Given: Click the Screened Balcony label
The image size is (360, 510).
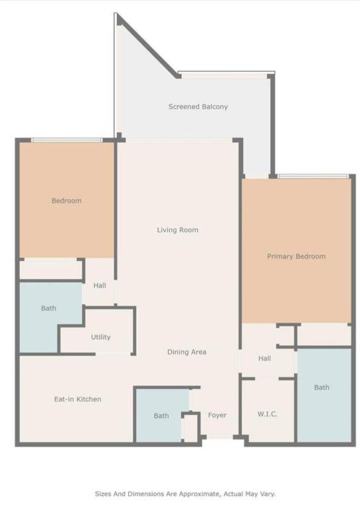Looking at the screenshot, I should click(198, 106).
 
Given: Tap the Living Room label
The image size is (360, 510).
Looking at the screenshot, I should click(177, 230).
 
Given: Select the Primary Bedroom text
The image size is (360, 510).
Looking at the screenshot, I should click(296, 256).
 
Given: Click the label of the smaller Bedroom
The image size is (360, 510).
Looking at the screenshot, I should click(66, 201).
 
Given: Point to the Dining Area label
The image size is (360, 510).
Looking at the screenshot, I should click(187, 352).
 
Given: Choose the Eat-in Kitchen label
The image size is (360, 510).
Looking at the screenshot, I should click(78, 399).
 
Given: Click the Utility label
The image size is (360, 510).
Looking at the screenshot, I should click(101, 337).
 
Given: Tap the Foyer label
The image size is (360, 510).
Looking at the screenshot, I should click(217, 416).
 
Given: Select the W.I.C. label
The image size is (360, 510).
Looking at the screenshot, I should click(267, 414).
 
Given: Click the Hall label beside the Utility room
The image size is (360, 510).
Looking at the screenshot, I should click(100, 286).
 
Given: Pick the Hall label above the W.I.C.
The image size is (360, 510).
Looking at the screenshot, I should click(264, 359).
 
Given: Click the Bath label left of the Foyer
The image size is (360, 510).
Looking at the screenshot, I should click(161, 416).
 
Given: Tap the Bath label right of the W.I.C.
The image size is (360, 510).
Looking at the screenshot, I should click(321, 388).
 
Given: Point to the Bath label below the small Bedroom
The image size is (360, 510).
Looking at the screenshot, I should click(48, 308).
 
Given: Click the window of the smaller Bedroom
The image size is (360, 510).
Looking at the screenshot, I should click(66, 140).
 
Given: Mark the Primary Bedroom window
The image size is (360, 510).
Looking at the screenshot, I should click(313, 177).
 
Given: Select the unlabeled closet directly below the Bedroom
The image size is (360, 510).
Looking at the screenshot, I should click(50, 270).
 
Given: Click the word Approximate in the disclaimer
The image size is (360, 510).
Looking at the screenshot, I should click(191, 494).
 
